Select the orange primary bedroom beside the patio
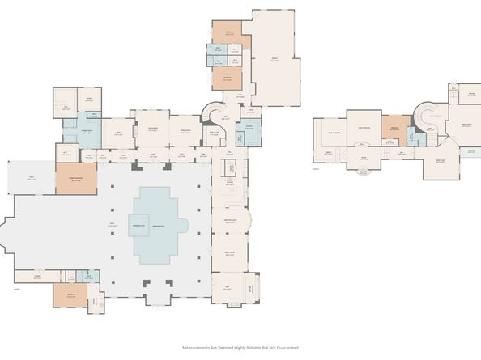pyautogui.click(x=75, y=179)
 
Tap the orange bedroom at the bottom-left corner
pyautogui.click(x=70, y=296)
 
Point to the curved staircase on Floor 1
pyautogui.click(x=212, y=112)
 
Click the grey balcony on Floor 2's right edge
pyautogui.click(x=468, y=151)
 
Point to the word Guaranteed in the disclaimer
pyautogui.click(x=286, y=348)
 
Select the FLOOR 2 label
pyautogui.click(x=317, y=168)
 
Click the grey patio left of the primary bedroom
pyautogui.click(x=30, y=177)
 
